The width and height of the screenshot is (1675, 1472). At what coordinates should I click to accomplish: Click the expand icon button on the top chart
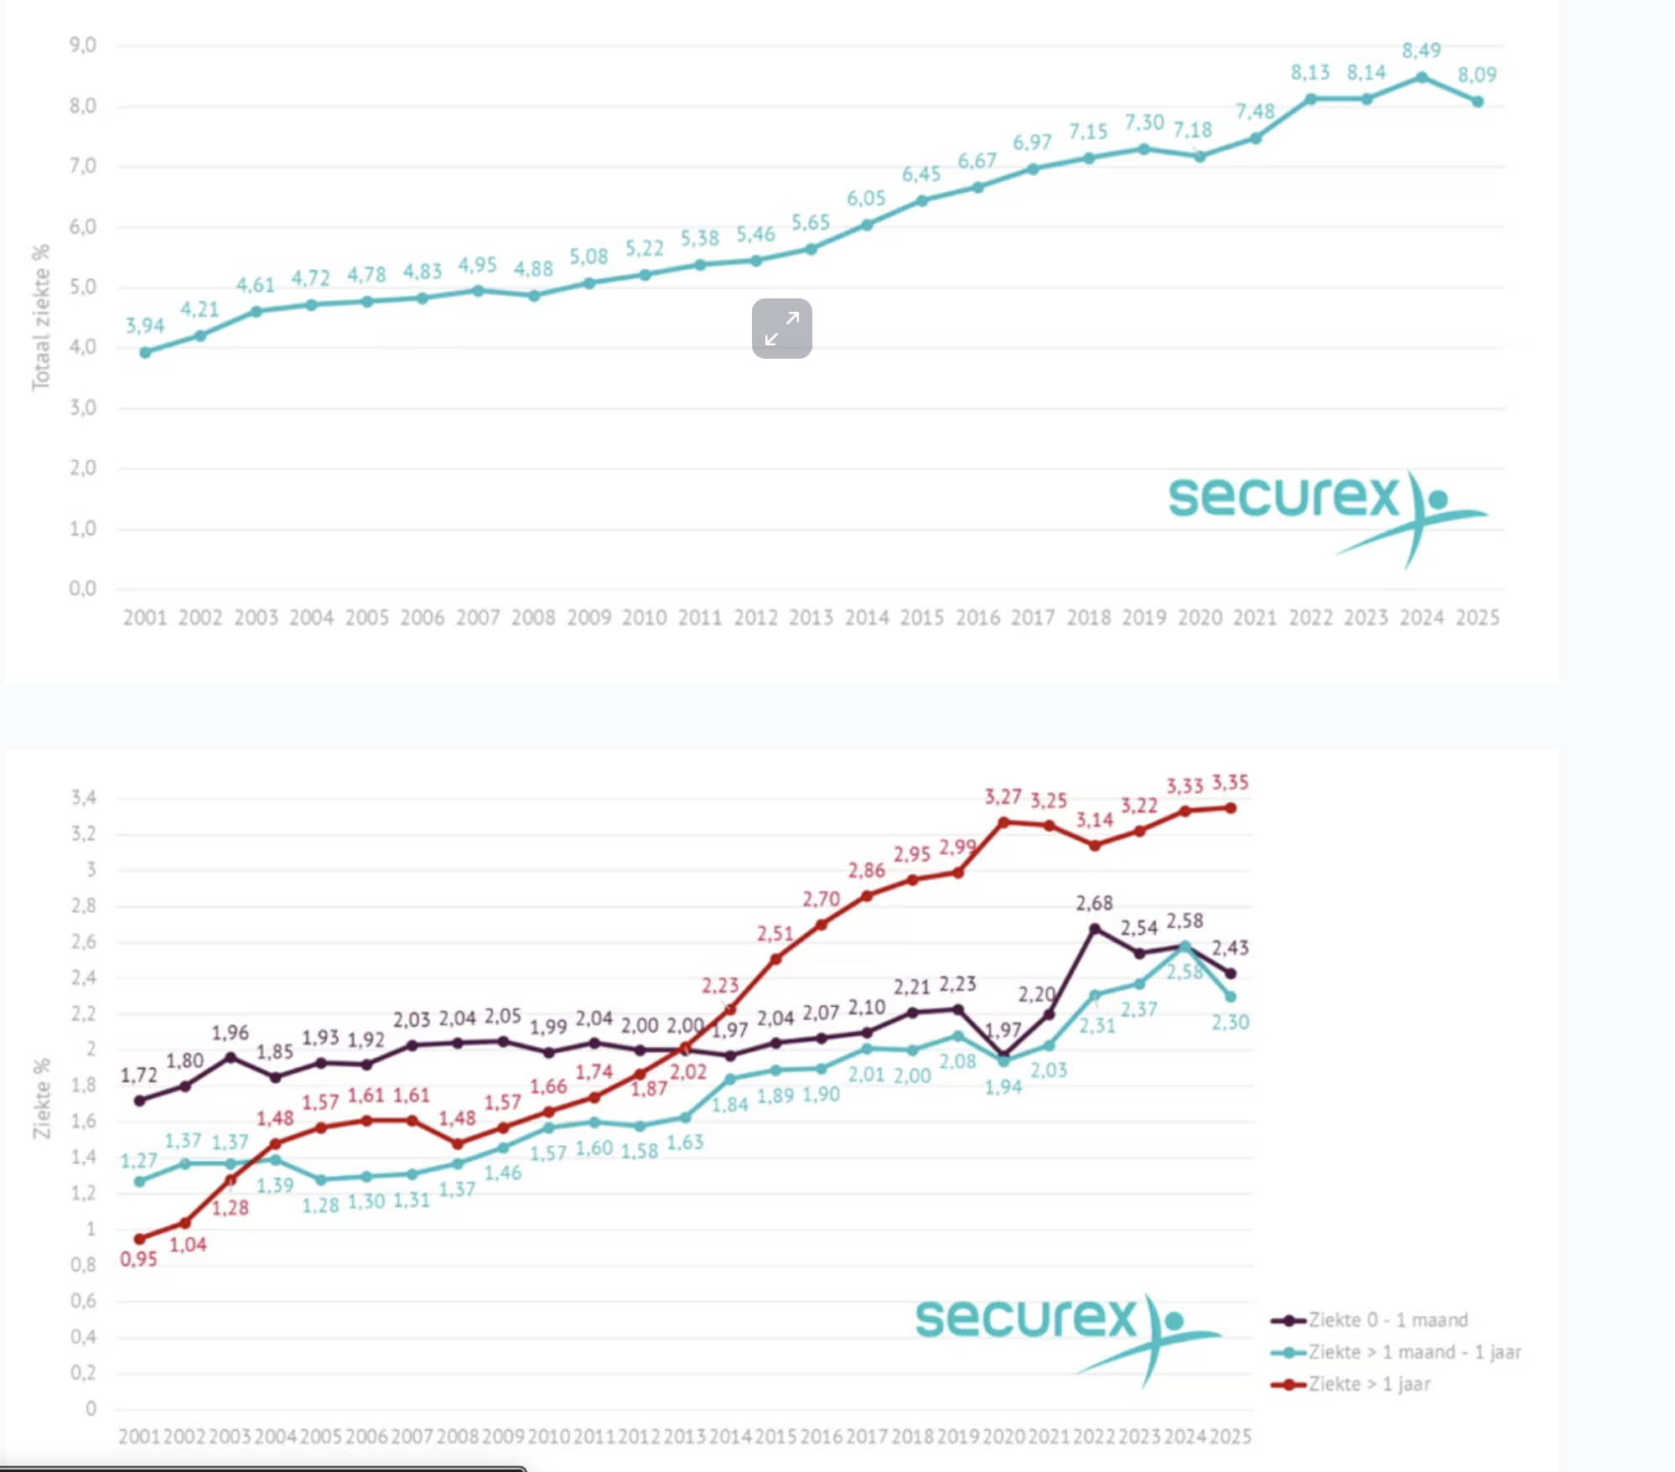(781, 329)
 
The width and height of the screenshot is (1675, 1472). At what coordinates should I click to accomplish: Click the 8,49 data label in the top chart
(1421, 50)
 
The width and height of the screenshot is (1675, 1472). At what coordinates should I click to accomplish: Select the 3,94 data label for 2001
(145, 325)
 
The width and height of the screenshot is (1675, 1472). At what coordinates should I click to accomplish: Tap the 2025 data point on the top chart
(1477, 101)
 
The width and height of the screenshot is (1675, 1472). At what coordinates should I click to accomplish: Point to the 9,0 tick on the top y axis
(82, 45)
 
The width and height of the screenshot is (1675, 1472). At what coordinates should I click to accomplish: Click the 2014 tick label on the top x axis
(866, 618)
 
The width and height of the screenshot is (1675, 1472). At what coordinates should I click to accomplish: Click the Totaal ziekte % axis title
(41, 317)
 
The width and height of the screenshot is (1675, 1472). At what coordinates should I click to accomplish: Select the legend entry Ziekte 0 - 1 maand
(1387, 1320)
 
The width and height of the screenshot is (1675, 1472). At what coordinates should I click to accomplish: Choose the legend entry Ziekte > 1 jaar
(1369, 1384)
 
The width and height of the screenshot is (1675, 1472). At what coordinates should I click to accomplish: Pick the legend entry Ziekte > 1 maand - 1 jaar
(1414, 1352)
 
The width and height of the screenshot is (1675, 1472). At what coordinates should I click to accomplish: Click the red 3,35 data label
(1230, 783)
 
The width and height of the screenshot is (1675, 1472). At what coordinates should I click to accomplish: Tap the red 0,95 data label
(138, 1259)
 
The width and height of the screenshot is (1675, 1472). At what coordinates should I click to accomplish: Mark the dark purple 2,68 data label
(1094, 903)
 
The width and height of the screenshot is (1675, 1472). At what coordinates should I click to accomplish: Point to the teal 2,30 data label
(1230, 1022)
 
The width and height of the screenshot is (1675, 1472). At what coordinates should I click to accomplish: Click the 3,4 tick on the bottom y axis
(83, 797)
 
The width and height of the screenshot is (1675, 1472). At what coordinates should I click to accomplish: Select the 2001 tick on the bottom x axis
(139, 1437)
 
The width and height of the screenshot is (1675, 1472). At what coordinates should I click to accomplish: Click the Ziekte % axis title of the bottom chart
(41, 1098)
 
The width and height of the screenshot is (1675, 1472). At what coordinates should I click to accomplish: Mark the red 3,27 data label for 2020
(1003, 796)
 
